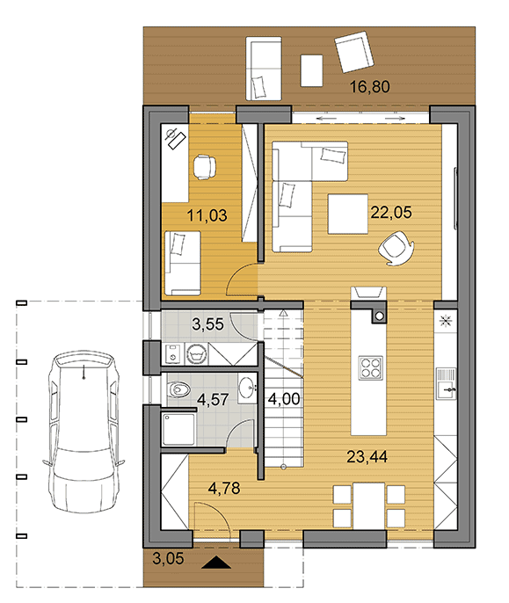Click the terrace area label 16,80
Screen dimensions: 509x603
(369, 86)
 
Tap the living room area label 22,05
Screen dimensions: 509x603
(391, 213)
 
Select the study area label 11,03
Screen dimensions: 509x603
(207, 215)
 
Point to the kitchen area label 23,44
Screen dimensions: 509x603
(367, 457)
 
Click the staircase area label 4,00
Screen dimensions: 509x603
(284, 399)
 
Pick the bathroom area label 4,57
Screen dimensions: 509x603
(213, 399)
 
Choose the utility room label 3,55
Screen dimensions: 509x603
(207, 324)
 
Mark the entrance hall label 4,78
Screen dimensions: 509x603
(224, 489)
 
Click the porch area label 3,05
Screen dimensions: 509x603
(168, 558)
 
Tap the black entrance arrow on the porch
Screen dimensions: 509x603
(216, 563)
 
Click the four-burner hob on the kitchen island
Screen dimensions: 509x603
(370, 368)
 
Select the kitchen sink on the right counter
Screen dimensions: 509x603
(447, 384)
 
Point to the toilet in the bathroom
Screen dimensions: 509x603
(179, 389)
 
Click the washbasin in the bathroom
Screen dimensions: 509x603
(247, 388)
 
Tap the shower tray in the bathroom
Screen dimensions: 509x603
(179, 429)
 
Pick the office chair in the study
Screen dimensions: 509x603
(204, 167)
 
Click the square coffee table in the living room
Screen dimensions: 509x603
(348, 214)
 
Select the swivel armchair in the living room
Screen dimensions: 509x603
(396, 248)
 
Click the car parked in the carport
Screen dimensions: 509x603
(84, 431)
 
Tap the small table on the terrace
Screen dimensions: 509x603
(311, 70)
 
